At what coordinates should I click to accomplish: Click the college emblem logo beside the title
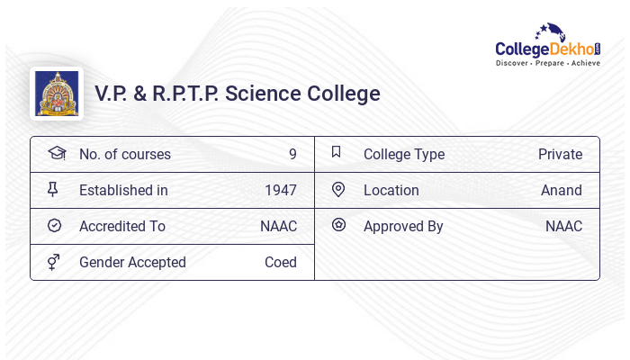57,93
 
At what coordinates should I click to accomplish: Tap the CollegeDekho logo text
547,49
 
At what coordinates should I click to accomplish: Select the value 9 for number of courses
292,154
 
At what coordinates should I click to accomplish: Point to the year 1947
281,190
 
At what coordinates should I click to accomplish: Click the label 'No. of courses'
124,154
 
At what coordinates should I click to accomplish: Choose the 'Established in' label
123,190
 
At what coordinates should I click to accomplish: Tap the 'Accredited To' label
121,226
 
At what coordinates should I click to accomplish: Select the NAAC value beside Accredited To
278,226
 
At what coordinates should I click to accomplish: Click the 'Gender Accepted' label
132,262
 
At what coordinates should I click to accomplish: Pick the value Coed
281,262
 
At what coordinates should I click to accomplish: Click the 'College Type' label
404,154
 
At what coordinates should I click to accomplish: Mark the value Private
560,154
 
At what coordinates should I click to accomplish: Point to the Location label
391,190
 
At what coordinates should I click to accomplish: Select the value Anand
562,190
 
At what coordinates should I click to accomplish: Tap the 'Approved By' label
403,226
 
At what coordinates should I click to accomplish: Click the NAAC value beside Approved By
563,226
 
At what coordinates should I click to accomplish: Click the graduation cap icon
56,153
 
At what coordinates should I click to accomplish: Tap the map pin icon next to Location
338,189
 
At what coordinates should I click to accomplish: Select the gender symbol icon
54,262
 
